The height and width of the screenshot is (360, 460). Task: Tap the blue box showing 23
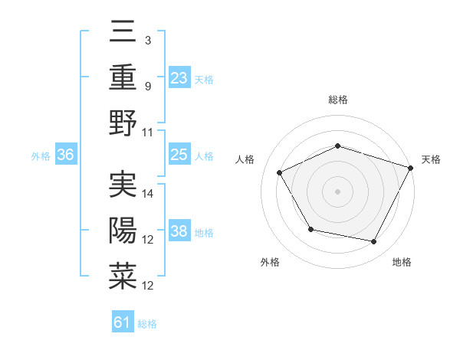pyautogui.click(x=179, y=77)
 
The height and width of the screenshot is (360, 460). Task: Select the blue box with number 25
pyautogui.click(x=179, y=155)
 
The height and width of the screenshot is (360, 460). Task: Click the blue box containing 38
pyautogui.click(x=179, y=231)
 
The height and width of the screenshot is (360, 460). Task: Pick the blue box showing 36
pyautogui.click(x=66, y=155)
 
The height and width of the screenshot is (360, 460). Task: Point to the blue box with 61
pyautogui.click(x=123, y=322)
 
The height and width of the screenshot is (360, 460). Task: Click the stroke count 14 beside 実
pyautogui.click(x=149, y=194)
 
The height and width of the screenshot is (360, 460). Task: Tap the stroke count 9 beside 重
pyautogui.click(x=149, y=87)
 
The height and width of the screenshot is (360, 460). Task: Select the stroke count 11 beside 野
pyautogui.click(x=149, y=132)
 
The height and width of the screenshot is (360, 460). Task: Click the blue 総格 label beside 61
pyautogui.click(x=148, y=324)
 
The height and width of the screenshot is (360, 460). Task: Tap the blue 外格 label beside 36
pyautogui.click(x=41, y=156)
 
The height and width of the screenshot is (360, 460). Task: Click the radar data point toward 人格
pyautogui.click(x=280, y=172)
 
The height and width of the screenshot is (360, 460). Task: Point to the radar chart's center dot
pyautogui.click(x=338, y=191)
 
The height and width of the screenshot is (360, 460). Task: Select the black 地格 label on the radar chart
pyautogui.click(x=402, y=263)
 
